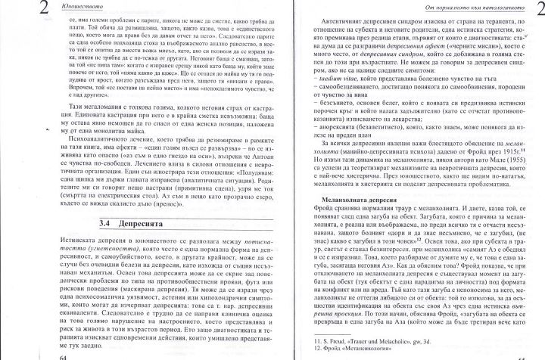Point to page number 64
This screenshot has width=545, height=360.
point(50,354)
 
